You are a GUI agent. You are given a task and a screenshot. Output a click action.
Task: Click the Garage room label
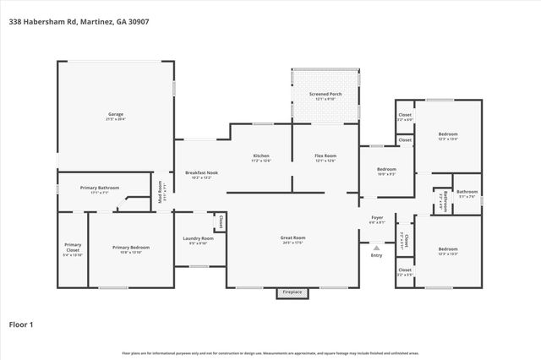pyautogui.click(x=116, y=114)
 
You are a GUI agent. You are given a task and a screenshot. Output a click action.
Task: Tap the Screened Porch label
pyautogui.click(x=325, y=94)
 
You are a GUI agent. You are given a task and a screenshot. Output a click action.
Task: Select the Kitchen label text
pyautogui.click(x=261, y=155)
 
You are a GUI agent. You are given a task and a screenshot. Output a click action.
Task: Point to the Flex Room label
pyautogui.click(x=325, y=155)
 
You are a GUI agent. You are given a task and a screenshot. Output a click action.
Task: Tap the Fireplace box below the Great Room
pyautogui.click(x=292, y=292)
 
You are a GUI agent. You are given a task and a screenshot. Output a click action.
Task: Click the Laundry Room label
pyautogui.click(x=199, y=239)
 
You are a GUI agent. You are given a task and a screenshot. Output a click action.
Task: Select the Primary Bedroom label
pyautogui.click(x=131, y=248)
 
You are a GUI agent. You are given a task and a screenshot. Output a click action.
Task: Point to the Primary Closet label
pyautogui.click(x=73, y=248)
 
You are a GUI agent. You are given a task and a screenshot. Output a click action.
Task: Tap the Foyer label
pyautogui.click(x=377, y=218)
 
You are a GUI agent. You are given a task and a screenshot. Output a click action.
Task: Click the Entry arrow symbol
pyautogui.click(x=376, y=248)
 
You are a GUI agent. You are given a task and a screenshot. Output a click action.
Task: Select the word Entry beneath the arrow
pyautogui.click(x=376, y=255)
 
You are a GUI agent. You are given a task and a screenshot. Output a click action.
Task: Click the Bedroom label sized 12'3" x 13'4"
pyautogui.click(x=447, y=134)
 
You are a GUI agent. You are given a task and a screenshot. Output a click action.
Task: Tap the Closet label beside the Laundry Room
pyautogui.click(x=221, y=221)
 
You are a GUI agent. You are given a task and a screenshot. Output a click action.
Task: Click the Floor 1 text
pyautogui.click(x=21, y=323)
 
